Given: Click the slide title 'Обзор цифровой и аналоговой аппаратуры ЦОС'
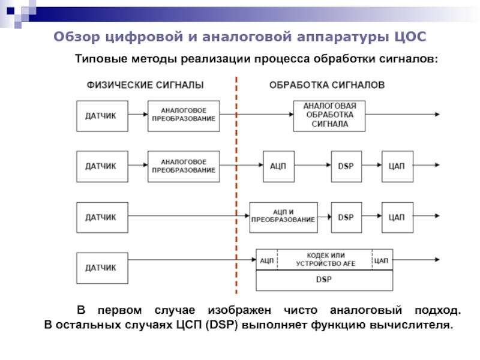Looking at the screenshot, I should [x=239, y=37].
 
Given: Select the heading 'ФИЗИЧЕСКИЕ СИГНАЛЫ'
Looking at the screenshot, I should [x=142, y=85].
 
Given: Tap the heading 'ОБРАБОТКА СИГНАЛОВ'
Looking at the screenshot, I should [x=327, y=85].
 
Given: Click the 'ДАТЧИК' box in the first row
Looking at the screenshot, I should [x=101, y=115].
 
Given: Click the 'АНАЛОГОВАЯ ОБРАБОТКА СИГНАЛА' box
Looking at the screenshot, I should [x=329, y=115].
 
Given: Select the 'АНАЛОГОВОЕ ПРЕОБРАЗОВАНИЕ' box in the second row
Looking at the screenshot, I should [x=184, y=166].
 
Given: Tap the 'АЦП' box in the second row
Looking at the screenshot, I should [x=278, y=166].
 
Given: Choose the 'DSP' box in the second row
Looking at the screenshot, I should [x=347, y=166].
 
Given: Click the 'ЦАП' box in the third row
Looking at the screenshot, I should [x=397, y=217].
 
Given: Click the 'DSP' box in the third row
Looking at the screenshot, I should [x=347, y=217].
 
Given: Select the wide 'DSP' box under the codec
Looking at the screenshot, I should [x=325, y=280].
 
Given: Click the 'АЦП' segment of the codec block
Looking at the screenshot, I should [x=267, y=260].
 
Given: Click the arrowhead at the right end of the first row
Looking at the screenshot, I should [x=439, y=114].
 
